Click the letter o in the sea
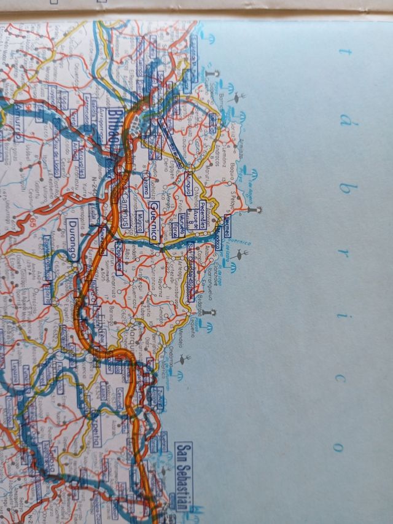[336, 447]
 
